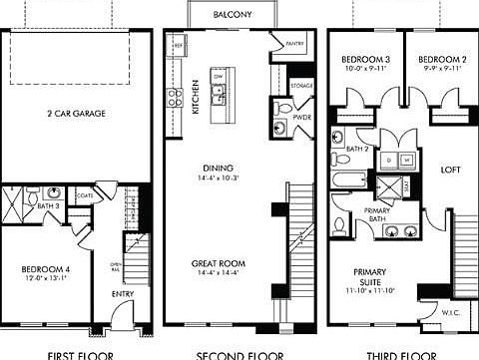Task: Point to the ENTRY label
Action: click(x=122, y=294)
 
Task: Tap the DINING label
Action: click(x=219, y=169)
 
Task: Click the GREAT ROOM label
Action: click(x=219, y=264)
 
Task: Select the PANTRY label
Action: click(x=295, y=44)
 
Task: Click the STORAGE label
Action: click(x=301, y=86)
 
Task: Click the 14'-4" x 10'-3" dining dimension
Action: click(x=219, y=178)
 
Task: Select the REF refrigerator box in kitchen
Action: click(x=179, y=46)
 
